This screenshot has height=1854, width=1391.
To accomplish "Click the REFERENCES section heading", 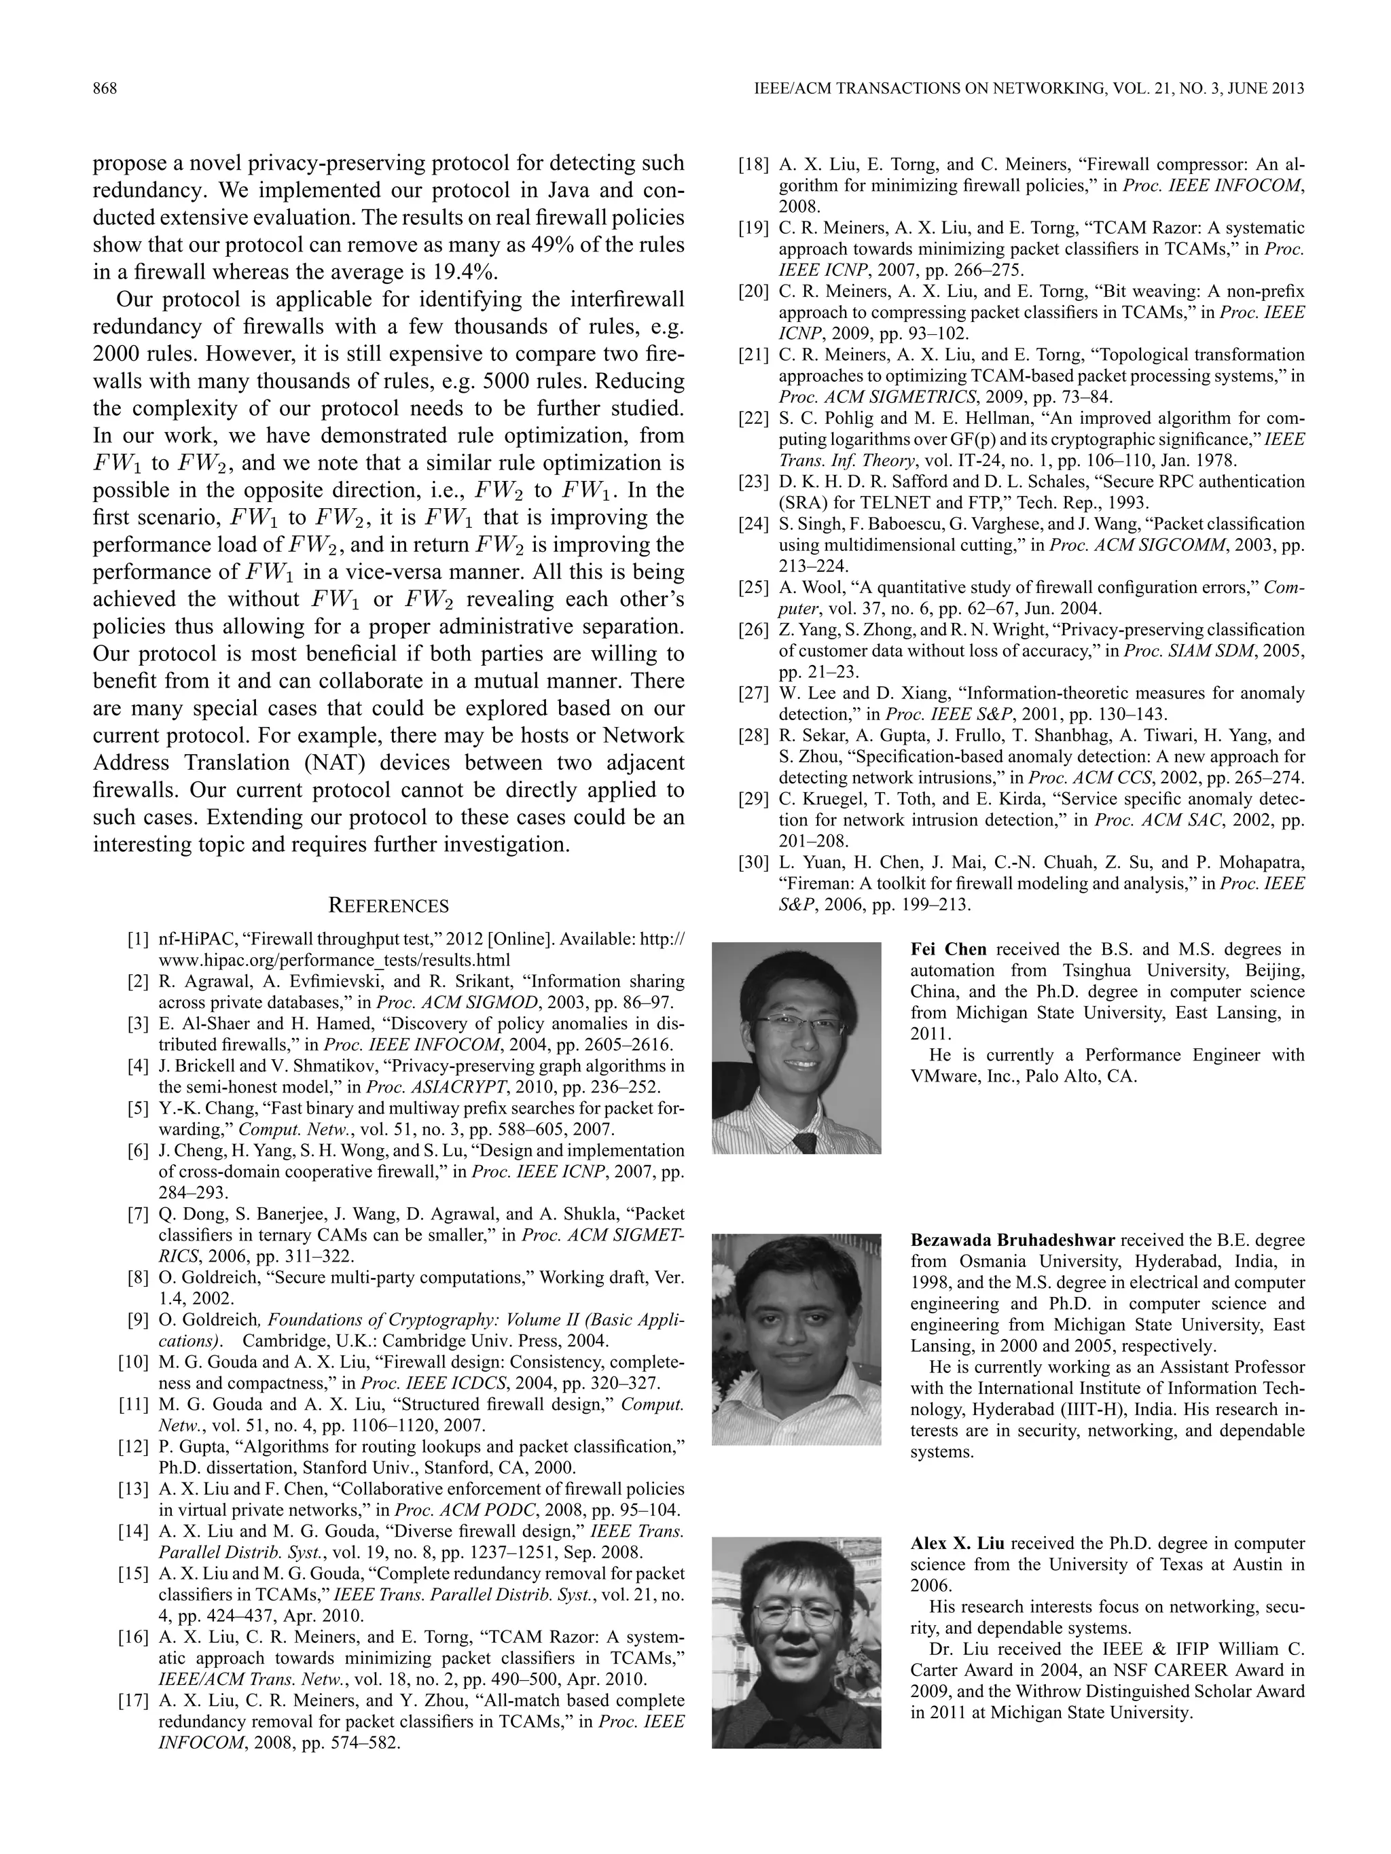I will (x=388, y=906).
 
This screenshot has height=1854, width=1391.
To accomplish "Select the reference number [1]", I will (x=139, y=940).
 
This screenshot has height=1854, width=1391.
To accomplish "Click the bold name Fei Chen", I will (x=947, y=950).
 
